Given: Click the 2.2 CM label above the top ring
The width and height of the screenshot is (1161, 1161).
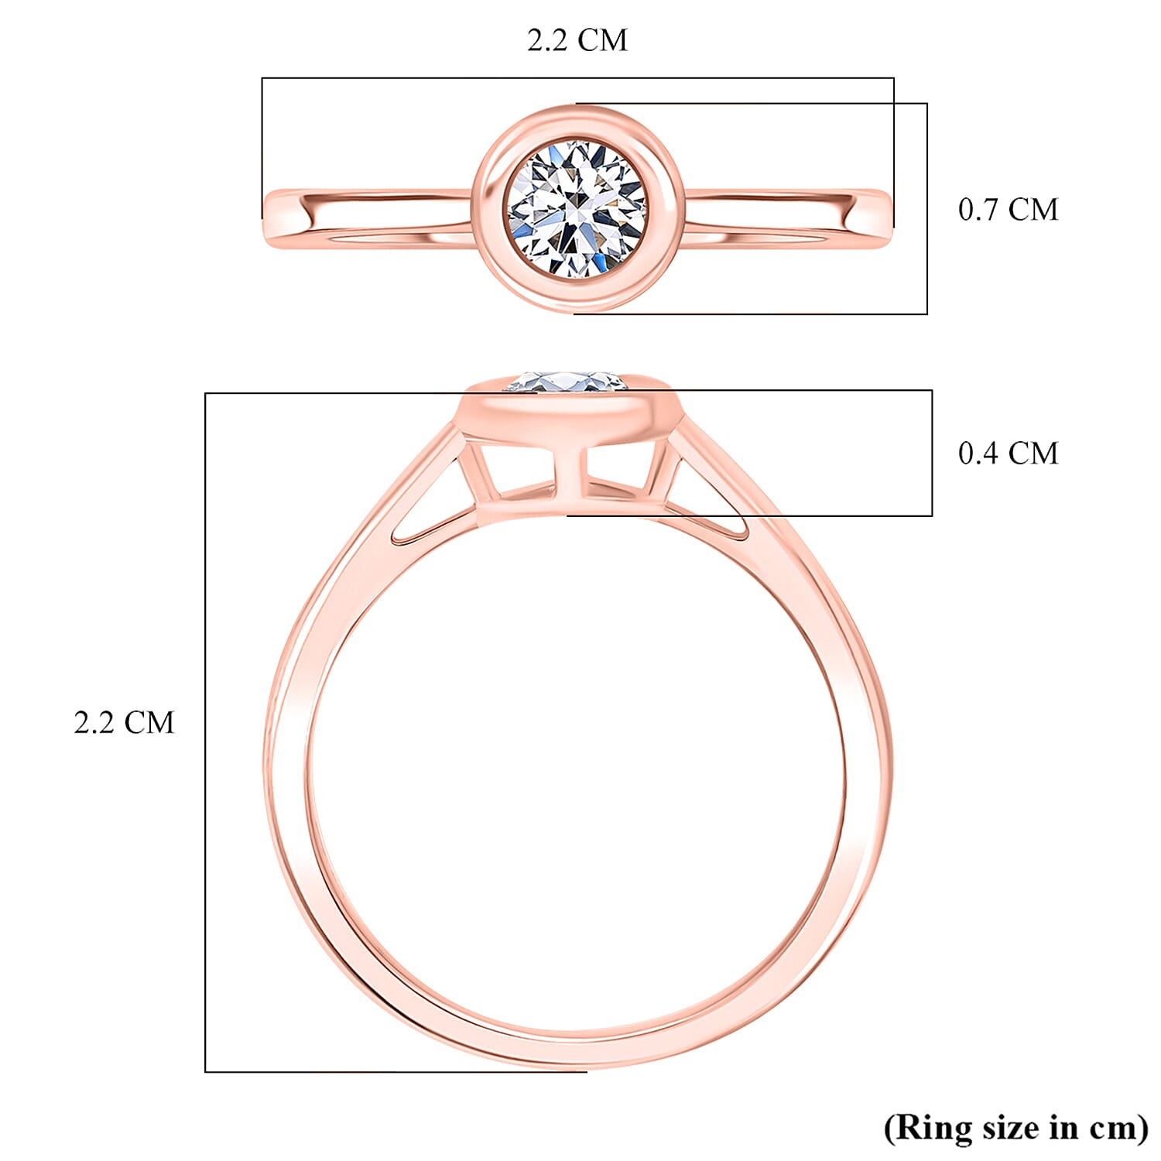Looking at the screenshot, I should pyautogui.click(x=577, y=40).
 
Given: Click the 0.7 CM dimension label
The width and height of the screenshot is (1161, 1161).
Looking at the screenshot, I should pyautogui.click(x=1008, y=210).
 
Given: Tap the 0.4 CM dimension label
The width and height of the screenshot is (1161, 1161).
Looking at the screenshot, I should pyautogui.click(x=1008, y=454).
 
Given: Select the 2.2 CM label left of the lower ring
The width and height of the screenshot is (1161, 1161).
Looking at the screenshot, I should pyautogui.click(x=124, y=723).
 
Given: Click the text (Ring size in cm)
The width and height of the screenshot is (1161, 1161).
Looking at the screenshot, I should pyautogui.click(x=1016, y=1127).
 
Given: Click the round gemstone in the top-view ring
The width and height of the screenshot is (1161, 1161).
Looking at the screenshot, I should pyautogui.click(x=577, y=207).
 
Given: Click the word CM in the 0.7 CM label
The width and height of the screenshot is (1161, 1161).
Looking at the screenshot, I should pyautogui.click(x=1033, y=210).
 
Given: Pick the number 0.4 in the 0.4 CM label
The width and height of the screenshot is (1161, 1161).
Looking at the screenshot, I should pyautogui.click(x=978, y=454).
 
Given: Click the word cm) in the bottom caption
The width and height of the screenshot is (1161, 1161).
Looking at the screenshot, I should pyautogui.click(x=1118, y=1127).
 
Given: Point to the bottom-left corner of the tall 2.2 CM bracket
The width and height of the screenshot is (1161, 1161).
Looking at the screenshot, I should pyautogui.click(x=205, y=1071).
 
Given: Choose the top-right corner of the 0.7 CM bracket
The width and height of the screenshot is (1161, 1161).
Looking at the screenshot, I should pyautogui.click(x=927, y=104).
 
